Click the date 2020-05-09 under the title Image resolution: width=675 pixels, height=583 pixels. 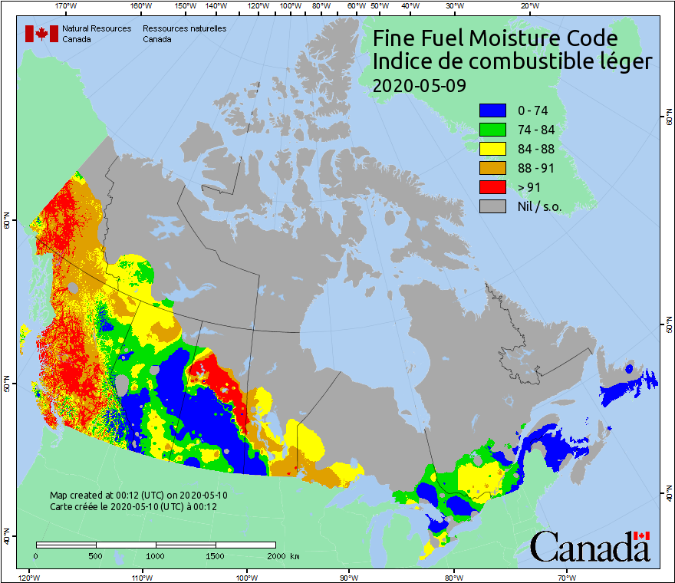tap(419, 85)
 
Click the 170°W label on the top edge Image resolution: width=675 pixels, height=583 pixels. tap(67, 5)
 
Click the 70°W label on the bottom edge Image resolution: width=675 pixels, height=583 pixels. tap(566, 577)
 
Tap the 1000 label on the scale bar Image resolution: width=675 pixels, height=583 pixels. tap(156, 556)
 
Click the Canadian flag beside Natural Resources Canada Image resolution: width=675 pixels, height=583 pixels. tap(41, 33)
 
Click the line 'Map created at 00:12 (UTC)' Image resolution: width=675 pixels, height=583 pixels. tap(139, 496)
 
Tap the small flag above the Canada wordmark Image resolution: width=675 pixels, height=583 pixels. tap(642, 535)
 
